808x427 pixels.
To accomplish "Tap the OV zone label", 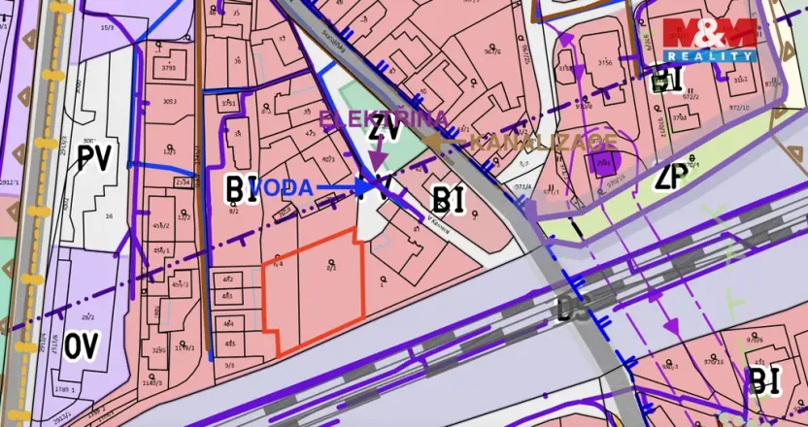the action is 85,345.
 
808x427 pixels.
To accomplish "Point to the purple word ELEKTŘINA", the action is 384,119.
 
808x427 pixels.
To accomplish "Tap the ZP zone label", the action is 671,177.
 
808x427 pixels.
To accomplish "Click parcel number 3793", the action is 169,69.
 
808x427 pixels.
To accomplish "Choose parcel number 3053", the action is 169,101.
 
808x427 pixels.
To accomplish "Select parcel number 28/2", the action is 87,316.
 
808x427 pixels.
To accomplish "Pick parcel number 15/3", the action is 106,29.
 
